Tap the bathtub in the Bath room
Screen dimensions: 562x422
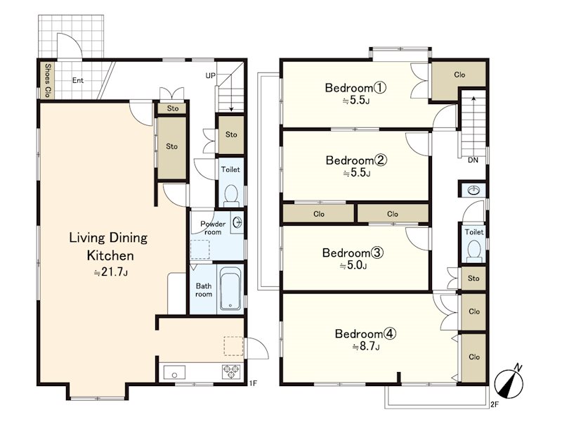tap(230, 288)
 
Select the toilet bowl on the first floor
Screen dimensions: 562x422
tap(231, 194)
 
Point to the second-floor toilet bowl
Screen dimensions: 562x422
tap(474, 250)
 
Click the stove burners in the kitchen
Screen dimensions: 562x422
tap(232, 371)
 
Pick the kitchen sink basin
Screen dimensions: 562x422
tap(174, 372)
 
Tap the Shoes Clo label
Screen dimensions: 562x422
tap(47, 80)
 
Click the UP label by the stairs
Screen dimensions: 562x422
tap(210, 76)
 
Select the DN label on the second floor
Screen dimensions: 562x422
tap(473, 160)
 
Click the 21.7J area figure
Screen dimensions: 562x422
tap(110, 272)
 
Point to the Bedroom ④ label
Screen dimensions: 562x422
tap(365, 333)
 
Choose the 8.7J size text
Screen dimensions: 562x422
tap(366, 347)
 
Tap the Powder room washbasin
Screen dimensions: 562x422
tap(237, 222)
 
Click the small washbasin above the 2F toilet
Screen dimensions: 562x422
tap(473, 190)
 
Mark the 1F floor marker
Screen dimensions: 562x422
tap(253, 383)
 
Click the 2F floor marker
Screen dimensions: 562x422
tap(495, 404)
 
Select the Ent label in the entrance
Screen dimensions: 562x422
tap(78, 80)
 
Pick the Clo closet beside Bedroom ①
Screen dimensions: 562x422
tap(459, 75)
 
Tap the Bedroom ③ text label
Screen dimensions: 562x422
tap(353, 252)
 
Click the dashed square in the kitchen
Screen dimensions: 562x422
tap(234, 346)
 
